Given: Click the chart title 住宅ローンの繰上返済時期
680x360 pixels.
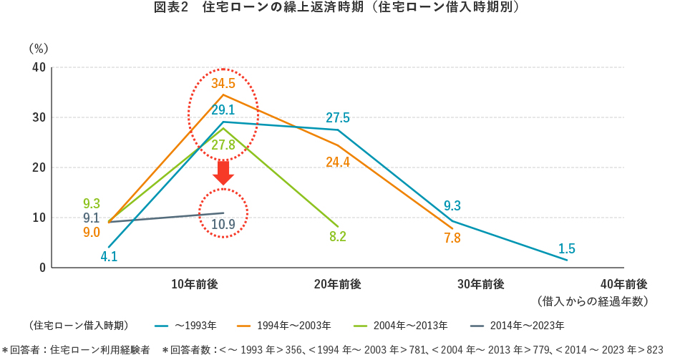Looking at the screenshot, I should click(341, 9).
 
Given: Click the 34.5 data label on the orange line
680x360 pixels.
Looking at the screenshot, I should click(223, 83).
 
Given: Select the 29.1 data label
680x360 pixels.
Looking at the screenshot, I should click(223, 110).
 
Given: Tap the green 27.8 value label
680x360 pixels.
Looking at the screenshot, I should click(223, 145).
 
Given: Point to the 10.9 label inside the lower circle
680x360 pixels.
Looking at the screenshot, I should click(223, 224).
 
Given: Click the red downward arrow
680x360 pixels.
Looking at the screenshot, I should click(223, 172).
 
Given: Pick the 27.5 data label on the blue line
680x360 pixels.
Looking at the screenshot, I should click(337, 117).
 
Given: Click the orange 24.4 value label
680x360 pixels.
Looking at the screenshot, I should click(337, 162).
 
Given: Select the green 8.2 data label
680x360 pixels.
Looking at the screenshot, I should click(338, 236).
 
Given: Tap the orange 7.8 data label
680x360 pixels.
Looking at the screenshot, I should click(452, 238).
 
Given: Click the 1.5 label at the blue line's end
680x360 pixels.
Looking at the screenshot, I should click(566, 248).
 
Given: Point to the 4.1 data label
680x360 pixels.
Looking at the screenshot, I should click(109, 256).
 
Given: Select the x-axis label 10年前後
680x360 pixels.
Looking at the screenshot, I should click(195, 284).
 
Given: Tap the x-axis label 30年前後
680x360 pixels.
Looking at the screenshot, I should click(481, 284).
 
